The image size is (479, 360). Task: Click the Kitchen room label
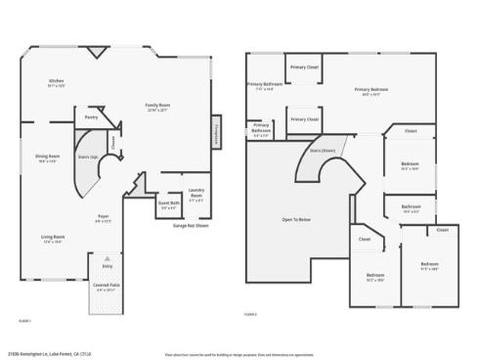click(x=57, y=83)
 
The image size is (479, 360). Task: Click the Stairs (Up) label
click(x=86, y=156)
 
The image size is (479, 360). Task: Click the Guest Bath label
click(x=168, y=205)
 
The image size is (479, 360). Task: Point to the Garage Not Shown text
click(x=190, y=226)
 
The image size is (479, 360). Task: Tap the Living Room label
click(x=53, y=239)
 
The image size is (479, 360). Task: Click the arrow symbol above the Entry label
click(x=106, y=255)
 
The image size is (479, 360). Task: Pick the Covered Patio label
click(x=106, y=287)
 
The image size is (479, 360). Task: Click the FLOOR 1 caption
click(x=25, y=320)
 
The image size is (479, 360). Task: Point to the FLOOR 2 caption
click(x=250, y=314)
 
